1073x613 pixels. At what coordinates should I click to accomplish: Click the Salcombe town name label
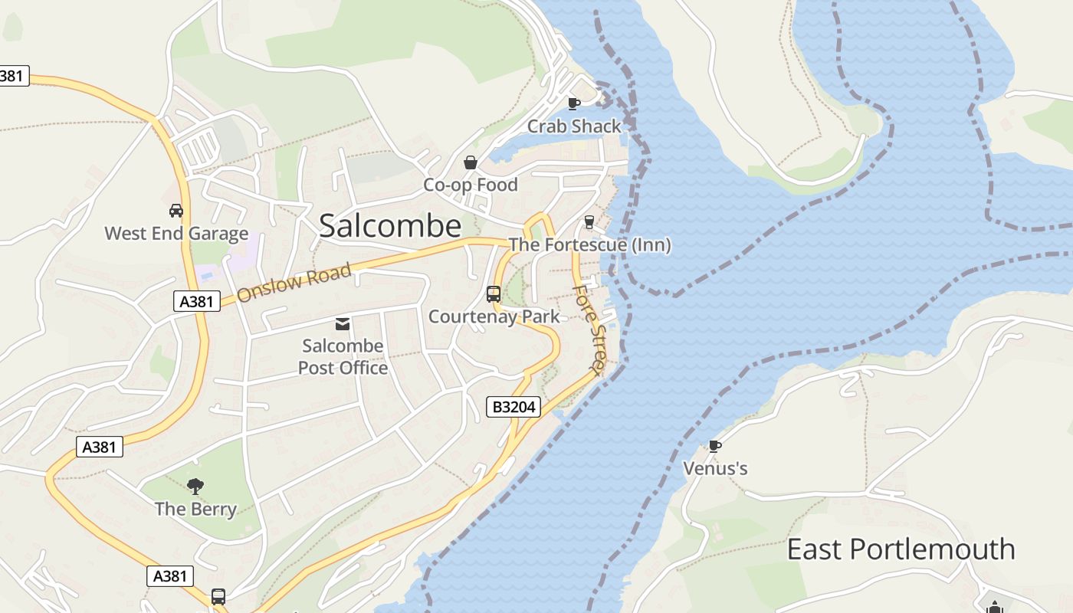coord(390,226)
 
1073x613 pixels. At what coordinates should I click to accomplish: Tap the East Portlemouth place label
coord(901,549)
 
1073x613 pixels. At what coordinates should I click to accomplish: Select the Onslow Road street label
coord(294,282)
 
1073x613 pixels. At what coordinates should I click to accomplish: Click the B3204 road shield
coord(514,407)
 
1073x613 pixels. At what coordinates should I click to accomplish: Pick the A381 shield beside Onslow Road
coord(196,301)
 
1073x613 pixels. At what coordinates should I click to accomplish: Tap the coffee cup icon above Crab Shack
coord(573,103)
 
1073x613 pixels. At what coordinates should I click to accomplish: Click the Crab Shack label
coord(574,126)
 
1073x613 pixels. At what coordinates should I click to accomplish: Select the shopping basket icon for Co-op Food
coord(471,162)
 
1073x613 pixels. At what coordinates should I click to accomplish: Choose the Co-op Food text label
coord(471,185)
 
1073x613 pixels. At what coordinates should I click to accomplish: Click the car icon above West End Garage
coord(176,211)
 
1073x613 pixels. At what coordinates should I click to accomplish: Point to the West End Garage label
coord(176,233)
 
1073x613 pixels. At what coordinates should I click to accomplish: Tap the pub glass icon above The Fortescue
coord(589,222)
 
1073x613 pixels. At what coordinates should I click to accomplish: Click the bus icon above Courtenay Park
coord(494,293)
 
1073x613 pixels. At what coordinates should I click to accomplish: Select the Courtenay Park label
coord(494,316)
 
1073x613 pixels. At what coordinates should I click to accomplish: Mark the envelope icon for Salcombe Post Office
coord(343,324)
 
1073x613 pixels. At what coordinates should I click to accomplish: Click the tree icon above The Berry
coord(195,486)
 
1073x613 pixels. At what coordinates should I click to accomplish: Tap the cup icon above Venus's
coord(714,446)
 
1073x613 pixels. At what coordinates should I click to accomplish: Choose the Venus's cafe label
coord(715,467)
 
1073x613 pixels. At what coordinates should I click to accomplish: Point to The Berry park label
coord(195,509)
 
